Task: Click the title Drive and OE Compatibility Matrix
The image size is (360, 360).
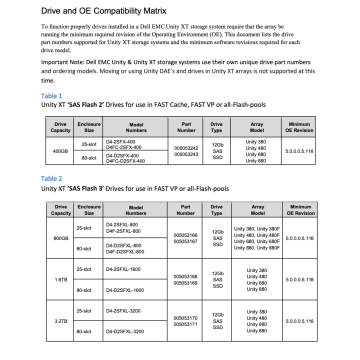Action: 103,10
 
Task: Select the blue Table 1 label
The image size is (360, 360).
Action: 51,95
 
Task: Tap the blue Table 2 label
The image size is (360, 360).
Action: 51,178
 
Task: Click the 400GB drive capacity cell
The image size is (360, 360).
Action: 60,151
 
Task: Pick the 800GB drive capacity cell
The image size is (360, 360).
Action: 60,238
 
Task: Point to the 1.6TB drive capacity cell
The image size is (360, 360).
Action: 60,279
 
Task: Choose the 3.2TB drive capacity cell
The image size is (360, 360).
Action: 60,321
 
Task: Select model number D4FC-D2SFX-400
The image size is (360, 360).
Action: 125,161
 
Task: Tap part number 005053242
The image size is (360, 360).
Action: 186,148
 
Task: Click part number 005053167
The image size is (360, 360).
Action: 185,241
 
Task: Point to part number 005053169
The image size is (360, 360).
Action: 185,283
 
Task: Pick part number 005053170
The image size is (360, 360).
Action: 185,318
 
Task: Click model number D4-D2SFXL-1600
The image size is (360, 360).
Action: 125,290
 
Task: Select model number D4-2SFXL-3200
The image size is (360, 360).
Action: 123,311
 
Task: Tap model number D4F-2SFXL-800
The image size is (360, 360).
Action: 123,231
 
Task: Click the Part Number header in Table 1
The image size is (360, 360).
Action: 186,127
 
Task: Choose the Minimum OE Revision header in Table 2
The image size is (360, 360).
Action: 300,209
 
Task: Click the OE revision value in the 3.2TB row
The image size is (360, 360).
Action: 299,321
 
